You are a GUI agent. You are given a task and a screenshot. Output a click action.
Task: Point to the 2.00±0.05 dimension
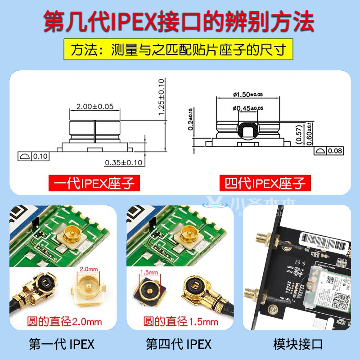pyautogui.click(x=95, y=107)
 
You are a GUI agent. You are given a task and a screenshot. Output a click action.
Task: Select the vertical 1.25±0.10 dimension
pyautogui.click(x=162, y=98)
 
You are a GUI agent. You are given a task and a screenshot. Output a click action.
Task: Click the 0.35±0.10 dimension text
pyautogui.click(x=124, y=162)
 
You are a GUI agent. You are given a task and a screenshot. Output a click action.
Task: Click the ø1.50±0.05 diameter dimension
pyautogui.click(x=248, y=94)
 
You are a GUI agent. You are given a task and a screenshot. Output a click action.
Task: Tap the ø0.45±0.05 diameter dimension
pyautogui.click(x=248, y=108)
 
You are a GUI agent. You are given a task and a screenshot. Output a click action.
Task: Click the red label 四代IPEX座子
pyautogui.click(x=265, y=183)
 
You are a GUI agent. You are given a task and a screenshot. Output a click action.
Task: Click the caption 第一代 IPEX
pyautogui.click(x=62, y=344)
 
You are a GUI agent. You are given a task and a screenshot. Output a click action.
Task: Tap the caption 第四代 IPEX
pyautogui.click(x=179, y=344)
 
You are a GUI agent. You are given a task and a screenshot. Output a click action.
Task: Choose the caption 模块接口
pyautogui.click(x=298, y=344)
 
